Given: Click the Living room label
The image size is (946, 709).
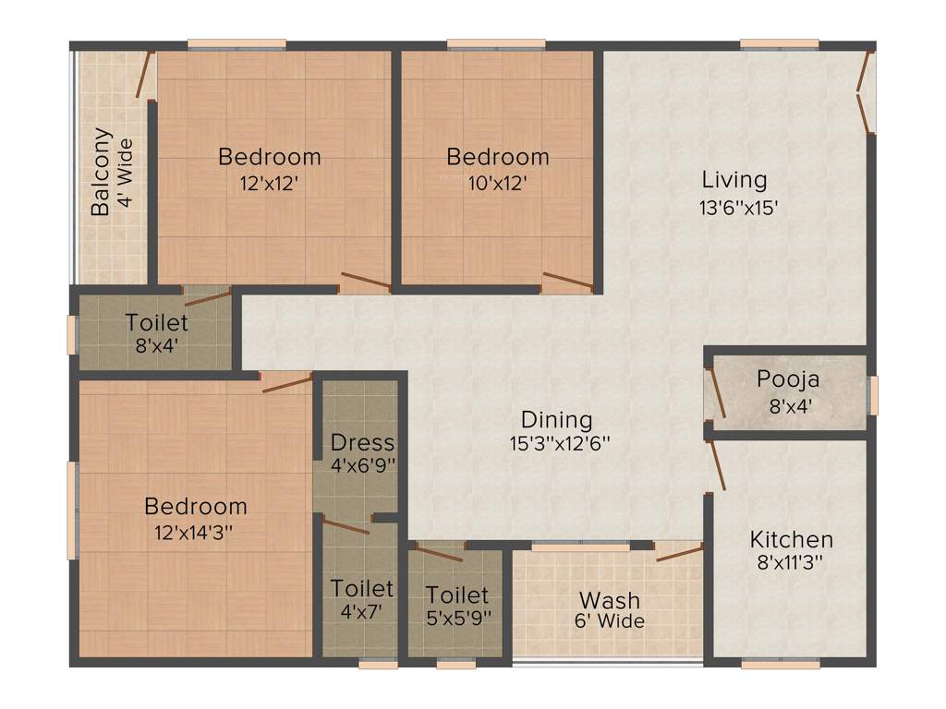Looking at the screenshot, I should click(x=734, y=179).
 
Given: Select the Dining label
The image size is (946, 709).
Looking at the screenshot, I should click(x=556, y=419).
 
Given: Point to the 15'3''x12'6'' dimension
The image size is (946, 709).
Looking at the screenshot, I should click(x=560, y=443).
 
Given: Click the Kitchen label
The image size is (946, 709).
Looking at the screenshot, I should click(x=791, y=539).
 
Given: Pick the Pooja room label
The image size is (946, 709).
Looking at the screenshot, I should click(x=788, y=379).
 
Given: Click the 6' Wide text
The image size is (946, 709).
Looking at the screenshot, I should click(x=609, y=621).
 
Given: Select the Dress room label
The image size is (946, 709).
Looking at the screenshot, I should click(x=362, y=442).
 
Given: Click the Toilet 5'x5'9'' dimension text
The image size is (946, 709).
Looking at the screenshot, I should click(x=457, y=615).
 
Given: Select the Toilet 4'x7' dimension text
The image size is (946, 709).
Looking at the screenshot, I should click(x=361, y=611).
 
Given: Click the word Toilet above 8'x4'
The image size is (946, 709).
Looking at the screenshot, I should click(x=157, y=323).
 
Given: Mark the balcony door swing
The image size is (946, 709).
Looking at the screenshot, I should click(x=144, y=74).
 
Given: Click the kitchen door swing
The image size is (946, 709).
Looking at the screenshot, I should click(x=716, y=465).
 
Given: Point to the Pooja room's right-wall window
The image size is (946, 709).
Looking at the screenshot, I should click(x=873, y=395).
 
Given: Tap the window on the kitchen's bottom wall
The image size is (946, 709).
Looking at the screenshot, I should click(x=767, y=662).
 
